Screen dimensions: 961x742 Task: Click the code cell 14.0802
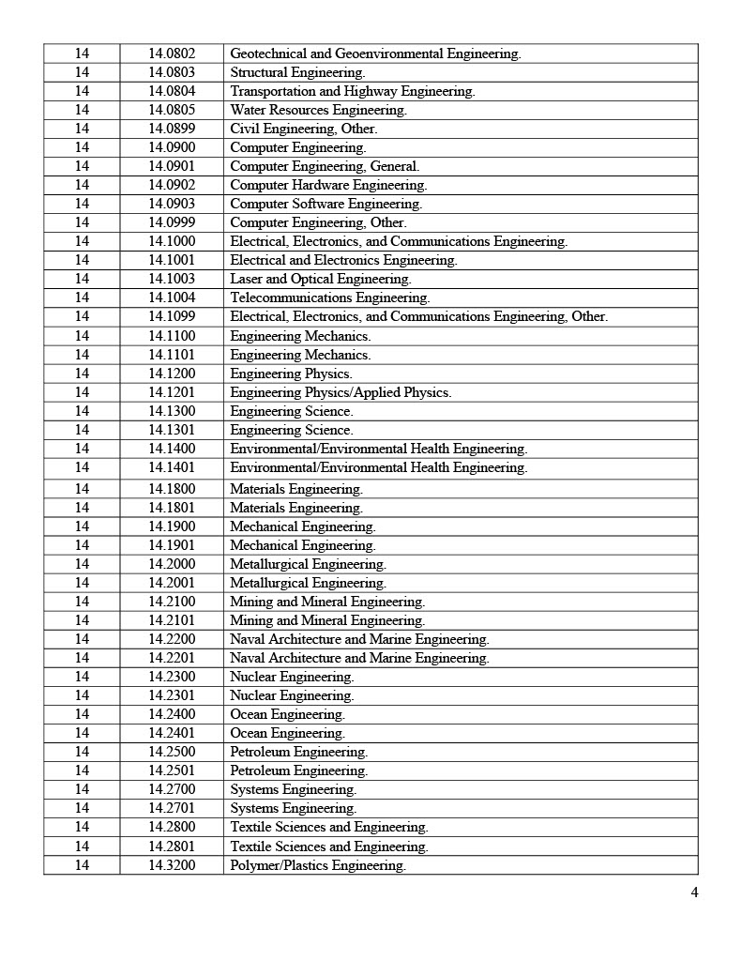[x=172, y=53]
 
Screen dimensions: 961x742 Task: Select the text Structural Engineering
[x=297, y=72]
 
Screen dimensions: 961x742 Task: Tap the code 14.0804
[x=172, y=91]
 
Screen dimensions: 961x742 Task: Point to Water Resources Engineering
[x=318, y=110]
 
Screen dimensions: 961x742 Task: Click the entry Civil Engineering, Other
[x=303, y=129]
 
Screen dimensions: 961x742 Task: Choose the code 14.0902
[x=172, y=185]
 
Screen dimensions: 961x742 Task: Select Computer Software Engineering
[x=326, y=204]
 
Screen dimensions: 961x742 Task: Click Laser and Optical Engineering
[x=320, y=279]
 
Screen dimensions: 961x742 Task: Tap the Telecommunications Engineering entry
[x=329, y=297]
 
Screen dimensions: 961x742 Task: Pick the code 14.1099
[x=172, y=316]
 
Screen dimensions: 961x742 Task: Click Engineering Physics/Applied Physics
[x=340, y=392]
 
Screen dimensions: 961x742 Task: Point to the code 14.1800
[x=172, y=489]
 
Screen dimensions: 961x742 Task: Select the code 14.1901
[x=172, y=545]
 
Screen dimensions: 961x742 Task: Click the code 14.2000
[x=172, y=564]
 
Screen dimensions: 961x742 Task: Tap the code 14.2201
[x=172, y=658]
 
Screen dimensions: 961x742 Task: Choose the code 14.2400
[x=172, y=714]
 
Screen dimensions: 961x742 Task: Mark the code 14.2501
[x=172, y=770]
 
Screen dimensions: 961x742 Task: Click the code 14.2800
[x=172, y=827]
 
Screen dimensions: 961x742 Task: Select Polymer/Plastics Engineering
[x=317, y=865]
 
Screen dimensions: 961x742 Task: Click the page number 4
[x=694, y=892]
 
